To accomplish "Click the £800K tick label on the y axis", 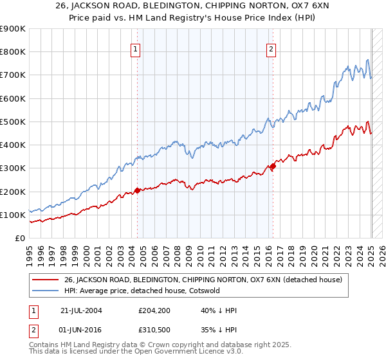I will pos(13,52).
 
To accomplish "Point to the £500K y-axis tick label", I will pos(13,122).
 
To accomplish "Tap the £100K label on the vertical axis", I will pos(13,215).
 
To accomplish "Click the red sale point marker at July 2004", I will pos(138,190).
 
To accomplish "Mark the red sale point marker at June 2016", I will pos(273,166).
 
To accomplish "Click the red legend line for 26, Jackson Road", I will pos(45,280).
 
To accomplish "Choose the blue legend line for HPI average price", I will pos(45,291).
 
